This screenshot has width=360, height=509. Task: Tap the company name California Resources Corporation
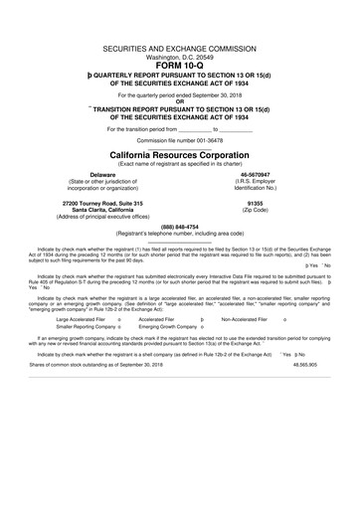179,156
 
